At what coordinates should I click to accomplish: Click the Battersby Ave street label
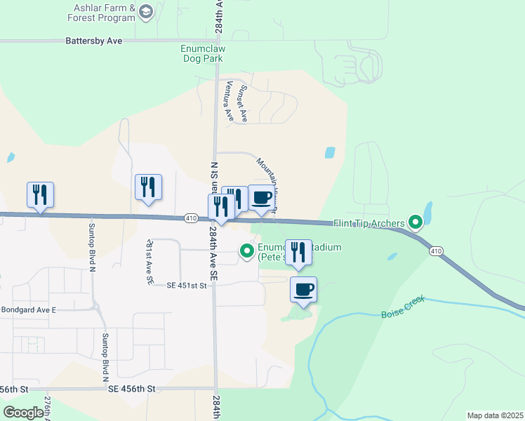(93, 41)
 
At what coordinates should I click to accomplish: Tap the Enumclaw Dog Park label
(203, 54)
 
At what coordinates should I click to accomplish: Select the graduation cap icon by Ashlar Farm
(146, 11)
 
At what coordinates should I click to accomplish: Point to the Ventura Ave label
(227, 100)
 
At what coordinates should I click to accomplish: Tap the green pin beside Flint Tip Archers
(416, 224)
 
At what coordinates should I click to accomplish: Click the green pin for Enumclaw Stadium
(247, 250)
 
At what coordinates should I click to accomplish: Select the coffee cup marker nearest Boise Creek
(303, 290)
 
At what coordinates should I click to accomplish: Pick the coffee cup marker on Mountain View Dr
(261, 199)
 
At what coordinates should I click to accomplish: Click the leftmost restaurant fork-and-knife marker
(41, 194)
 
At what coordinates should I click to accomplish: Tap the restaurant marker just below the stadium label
(298, 253)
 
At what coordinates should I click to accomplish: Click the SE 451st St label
(188, 286)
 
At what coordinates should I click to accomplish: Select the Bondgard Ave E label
(28, 309)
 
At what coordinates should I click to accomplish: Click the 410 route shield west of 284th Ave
(191, 218)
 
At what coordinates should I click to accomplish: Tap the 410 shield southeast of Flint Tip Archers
(436, 250)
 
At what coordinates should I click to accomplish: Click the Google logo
(23, 412)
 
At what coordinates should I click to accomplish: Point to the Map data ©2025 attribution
(494, 415)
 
